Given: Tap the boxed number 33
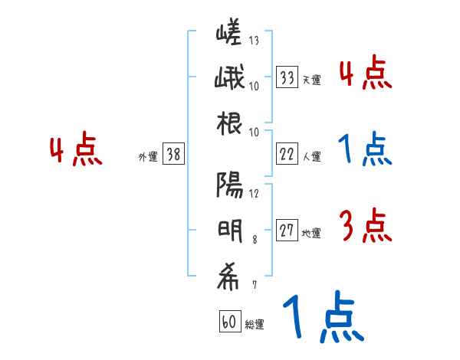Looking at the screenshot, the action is (x=287, y=77).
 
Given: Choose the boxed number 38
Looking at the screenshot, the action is (x=173, y=155).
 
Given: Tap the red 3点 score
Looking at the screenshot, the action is (x=364, y=225).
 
